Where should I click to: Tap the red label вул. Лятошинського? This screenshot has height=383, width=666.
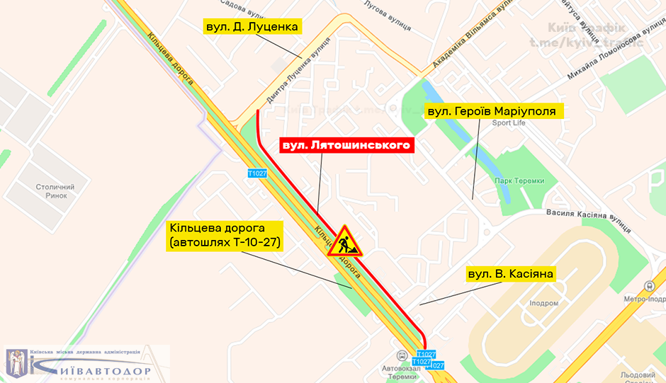pyautogui.click(x=346, y=145)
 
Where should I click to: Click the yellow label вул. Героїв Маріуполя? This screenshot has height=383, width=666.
pyautogui.click(x=494, y=111)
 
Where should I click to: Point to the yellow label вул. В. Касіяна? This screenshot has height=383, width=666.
pyautogui.click(x=509, y=273)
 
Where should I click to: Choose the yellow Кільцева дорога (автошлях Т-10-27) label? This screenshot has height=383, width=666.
pyautogui.click(x=224, y=236)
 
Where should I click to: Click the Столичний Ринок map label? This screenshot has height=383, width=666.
pyautogui.click(x=52, y=191)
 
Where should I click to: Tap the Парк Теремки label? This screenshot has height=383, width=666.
pyautogui.click(x=519, y=181)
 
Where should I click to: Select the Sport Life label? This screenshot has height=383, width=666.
pyautogui.click(x=509, y=123)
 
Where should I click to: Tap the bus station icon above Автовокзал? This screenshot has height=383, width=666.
pyautogui.click(x=402, y=356)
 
